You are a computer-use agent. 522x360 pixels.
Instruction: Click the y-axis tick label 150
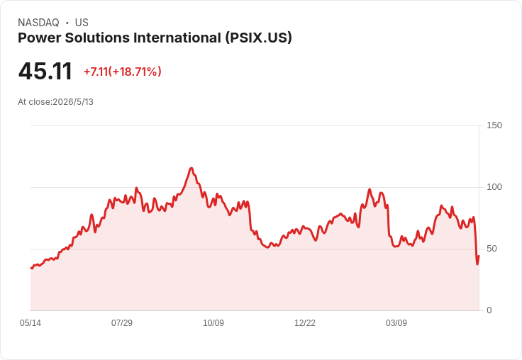pyautogui.click(x=494, y=125)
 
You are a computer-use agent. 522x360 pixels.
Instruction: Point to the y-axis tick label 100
pyautogui.click(x=494, y=187)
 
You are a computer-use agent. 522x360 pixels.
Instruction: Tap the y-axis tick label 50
pyautogui.click(x=492, y=249)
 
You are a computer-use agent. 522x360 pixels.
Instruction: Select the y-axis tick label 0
pyautogui.click(x=489, y=310)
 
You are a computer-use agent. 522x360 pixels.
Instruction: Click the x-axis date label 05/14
pyautogui.click(x=30, y=323)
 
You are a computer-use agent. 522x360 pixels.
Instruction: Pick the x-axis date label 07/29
pyautogui.click(x=122, y=323)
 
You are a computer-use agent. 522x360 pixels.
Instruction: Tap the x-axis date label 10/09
pyautogui.click(x=213, y=323)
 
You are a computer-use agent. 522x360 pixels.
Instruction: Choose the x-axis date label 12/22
pyautogui.click(x=305, y=323)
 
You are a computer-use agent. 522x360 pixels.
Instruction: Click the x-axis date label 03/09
pyautogui.click(x=396, y=323)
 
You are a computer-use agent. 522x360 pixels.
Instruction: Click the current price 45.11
pyautogui.click(x=45, y=71)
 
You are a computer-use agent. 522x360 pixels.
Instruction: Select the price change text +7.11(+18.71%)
pyautogui.click(x=123, y=72)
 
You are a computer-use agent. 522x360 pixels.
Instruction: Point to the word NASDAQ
pyautogui.click(x=38, y=23)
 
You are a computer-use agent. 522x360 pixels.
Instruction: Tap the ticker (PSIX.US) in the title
pyautogui.click(x=258, y=38)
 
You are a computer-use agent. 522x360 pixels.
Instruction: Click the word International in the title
pyautogui.click(x=177, y=38)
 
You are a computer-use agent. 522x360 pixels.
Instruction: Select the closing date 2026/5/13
pyautogui.click(x=73, y=102)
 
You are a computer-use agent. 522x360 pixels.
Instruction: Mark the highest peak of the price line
pyautogui.click(x=191, y=168)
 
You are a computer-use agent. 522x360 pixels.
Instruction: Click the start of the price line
pyautogui.click(x=31, y=268)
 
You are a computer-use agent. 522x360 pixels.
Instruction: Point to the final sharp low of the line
pyautogui.click(x=477, y=264)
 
